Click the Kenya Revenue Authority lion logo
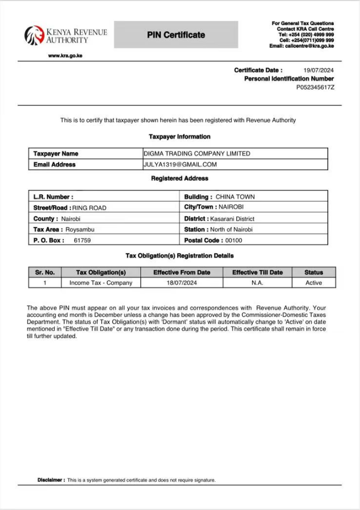[x=34, y=35]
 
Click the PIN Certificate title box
[x=176, y=35]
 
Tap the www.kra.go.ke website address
[x=65, y=56]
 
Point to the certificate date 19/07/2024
[x=319, y=70]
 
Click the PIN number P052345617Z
[x=315, y=87]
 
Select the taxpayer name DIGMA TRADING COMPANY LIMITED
[x=197, y=154]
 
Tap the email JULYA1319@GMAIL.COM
[x=180, y=164]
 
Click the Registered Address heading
[x=179, y=178]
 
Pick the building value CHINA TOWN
[x=235, y=197]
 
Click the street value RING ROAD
[x=89, y=208]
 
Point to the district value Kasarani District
[x=232, y=219]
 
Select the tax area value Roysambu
[x=74, y=230]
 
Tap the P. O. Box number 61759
[x=82, y=241]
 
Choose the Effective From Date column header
[x=182, y=272]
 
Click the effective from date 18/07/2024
[x=181, y=283]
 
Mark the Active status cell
[x=313, y=283]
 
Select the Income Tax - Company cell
[x=100, y=283]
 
